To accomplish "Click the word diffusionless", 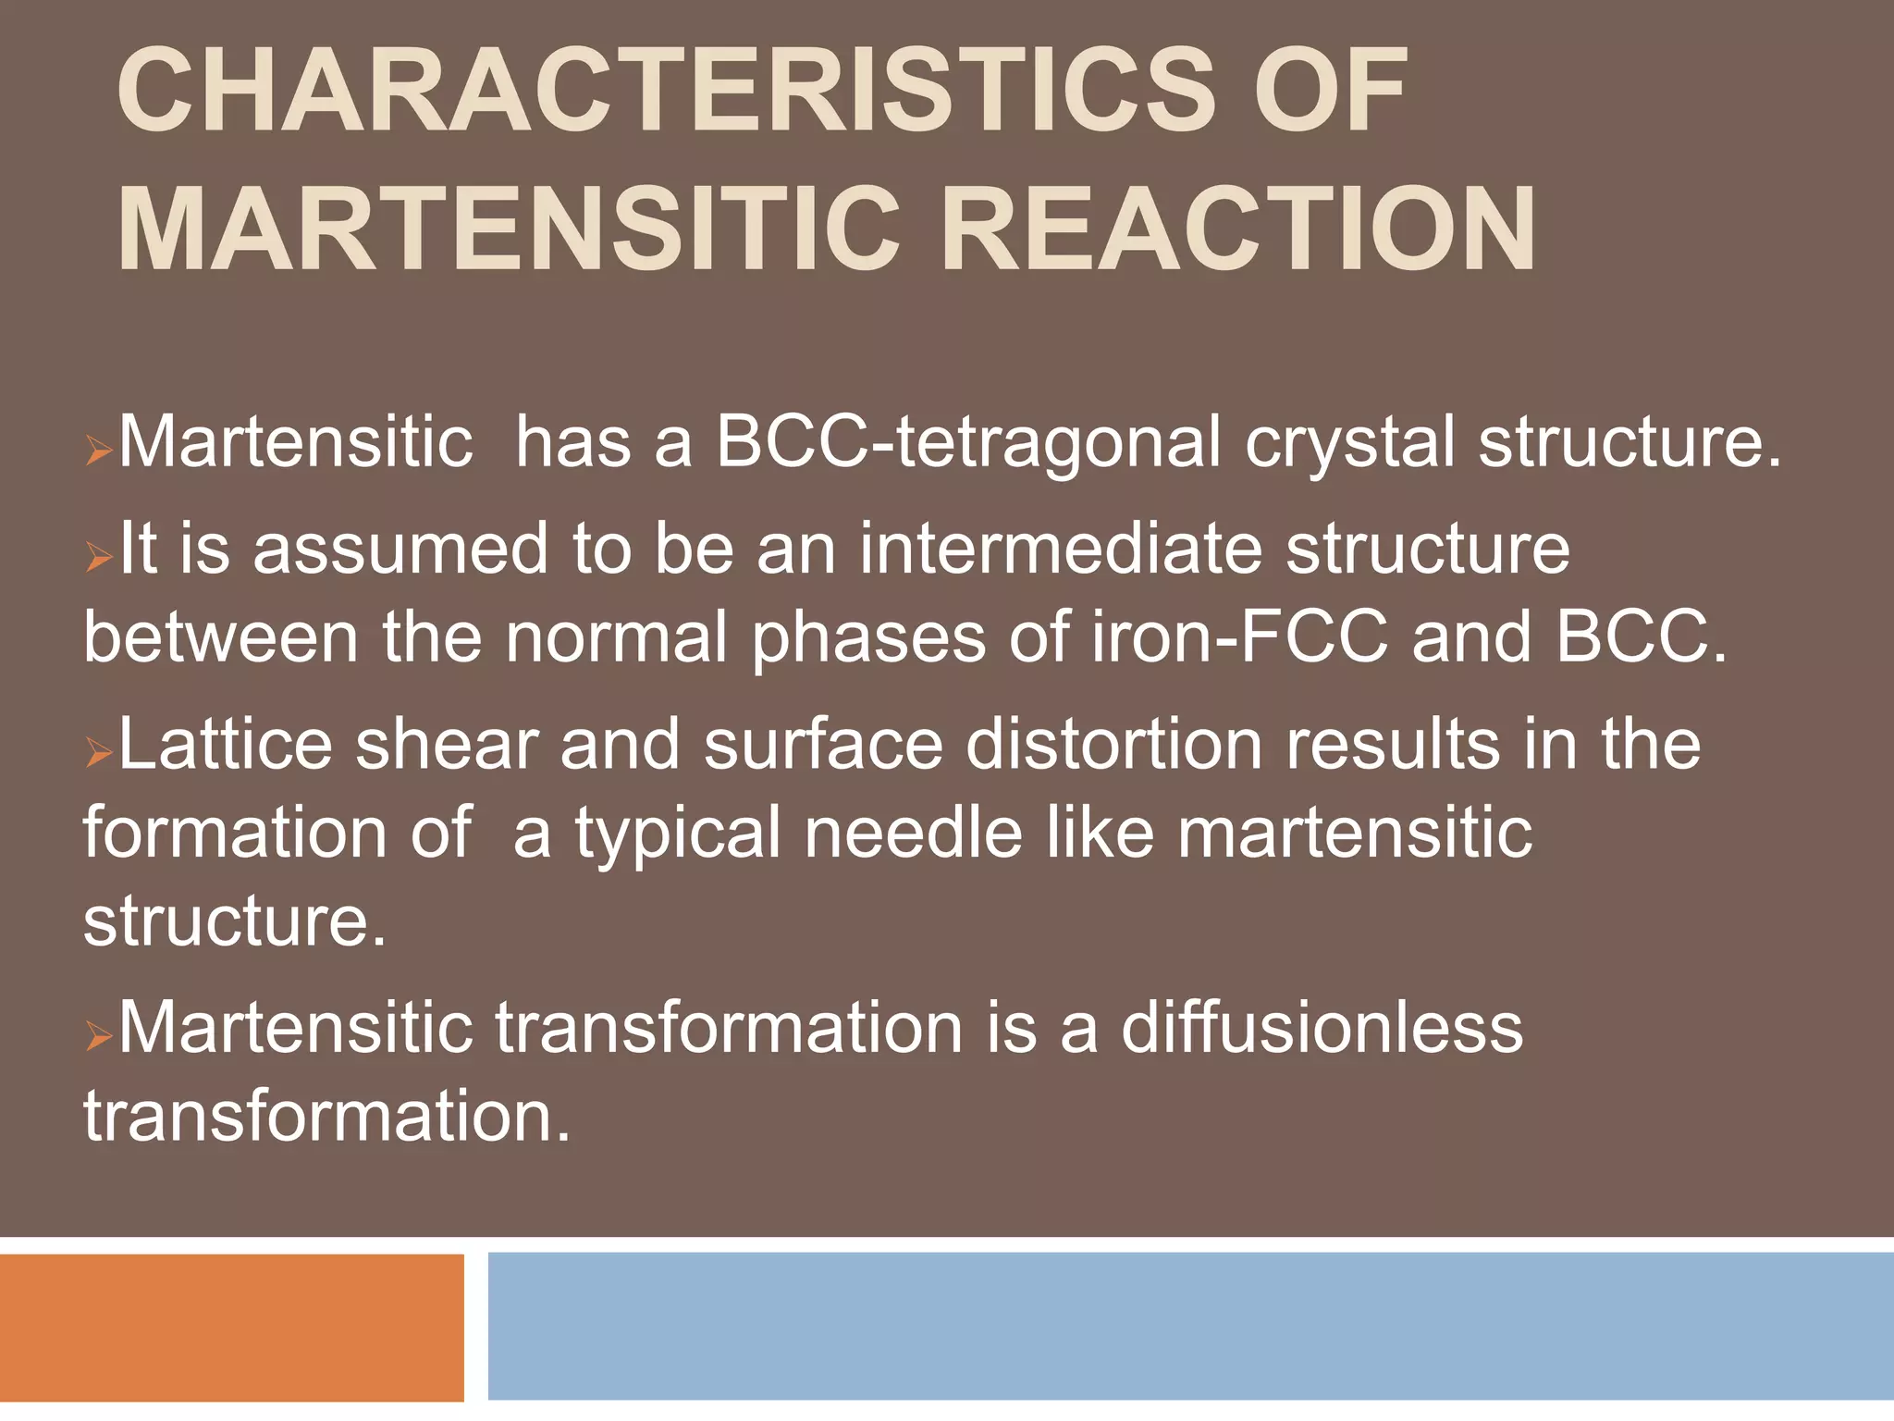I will point(1322,1027).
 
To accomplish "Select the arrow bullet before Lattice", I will point(98,753).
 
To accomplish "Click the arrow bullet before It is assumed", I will point(98,557).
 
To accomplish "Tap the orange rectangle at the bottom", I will point(231,1327).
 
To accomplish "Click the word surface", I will point(823,744).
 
